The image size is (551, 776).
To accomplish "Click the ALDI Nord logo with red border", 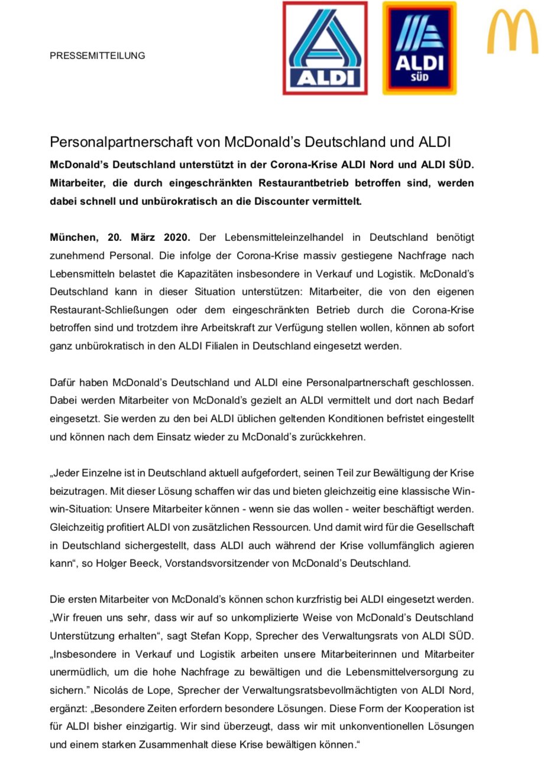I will click(x=325, y=48).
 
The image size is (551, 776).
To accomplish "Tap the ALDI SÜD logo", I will click(x=419, y=48).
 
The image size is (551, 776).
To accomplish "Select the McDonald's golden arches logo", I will click(x=513, y=32).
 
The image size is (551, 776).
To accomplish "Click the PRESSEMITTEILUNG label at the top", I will click(x=98, y=56).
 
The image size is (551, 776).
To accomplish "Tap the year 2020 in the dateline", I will click(x=174, y=237).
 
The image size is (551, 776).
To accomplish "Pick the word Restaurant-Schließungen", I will click(x=109, y=310).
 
